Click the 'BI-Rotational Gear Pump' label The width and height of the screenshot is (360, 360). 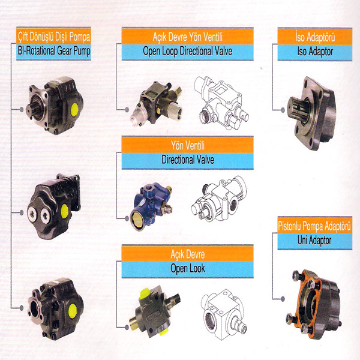tap(54, 51)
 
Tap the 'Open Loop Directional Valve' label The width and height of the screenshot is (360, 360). tap(188, 51)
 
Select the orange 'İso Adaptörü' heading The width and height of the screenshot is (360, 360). tap(315, 37)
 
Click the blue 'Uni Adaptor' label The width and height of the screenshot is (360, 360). tap(314, 241)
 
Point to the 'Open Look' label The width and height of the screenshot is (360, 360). tap(188, 268)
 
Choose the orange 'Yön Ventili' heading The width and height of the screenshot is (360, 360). tap(188, 145)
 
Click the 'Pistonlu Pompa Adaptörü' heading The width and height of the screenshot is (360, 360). tap(314, 226)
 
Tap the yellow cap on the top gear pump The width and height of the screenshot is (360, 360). tap(74, 110)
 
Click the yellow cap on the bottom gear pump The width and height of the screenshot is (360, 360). tap(73, 311)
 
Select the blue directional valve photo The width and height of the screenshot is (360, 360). tap(151, 206)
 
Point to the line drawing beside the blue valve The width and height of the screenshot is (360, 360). tap(219, 199)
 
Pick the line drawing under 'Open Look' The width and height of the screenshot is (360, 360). tap(224, 314)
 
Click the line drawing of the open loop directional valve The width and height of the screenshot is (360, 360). tap(221, 103)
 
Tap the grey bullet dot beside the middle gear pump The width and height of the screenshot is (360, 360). tap(22, 213)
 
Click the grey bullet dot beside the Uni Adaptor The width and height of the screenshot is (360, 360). tap(283, 299)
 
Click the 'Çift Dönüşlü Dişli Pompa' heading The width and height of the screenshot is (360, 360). tap(54, 37)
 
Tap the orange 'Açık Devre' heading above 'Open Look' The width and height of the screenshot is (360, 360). tap(188, 254)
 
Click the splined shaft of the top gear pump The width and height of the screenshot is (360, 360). tap(33, 110)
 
